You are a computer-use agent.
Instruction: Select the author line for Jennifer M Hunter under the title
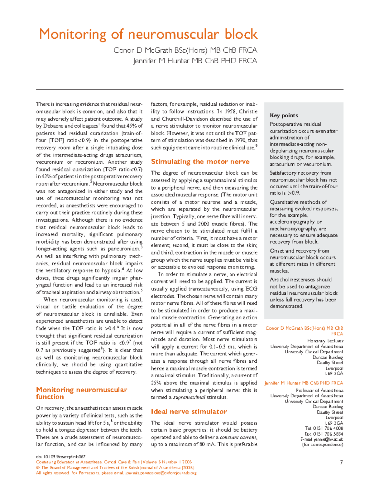(195, 61)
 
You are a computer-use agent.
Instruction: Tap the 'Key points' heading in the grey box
(284, 115)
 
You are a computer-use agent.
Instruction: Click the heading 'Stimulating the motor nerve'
(200, 162)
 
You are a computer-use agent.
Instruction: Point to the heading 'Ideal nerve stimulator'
(189, 412)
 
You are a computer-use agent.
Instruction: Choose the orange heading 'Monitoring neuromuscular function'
(81, 393)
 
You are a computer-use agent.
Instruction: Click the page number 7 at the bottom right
(341, 462)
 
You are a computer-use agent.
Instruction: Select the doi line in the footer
(61, 456)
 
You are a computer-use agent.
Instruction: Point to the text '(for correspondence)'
(323, 445)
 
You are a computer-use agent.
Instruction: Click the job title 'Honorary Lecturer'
(325, 341)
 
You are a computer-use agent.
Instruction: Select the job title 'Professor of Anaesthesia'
(319, 390)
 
